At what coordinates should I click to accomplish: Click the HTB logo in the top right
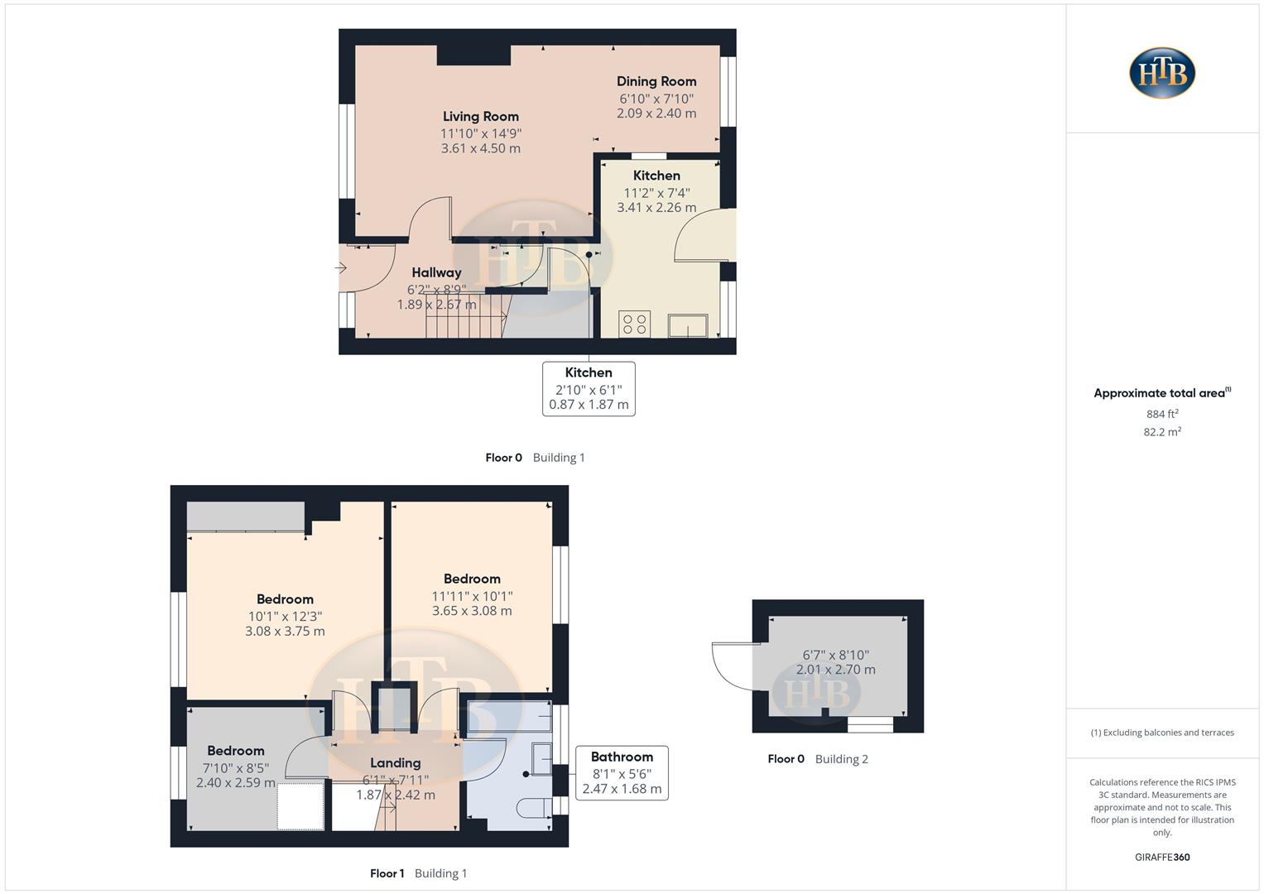click(x=1162, y=73)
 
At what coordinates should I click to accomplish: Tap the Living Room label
click(x=480, y=117)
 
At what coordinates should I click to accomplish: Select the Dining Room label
click(x=656, y=81)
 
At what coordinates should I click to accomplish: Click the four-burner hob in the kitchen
click(x=635, y=324)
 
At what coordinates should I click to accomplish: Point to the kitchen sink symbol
click(x=688, y=325)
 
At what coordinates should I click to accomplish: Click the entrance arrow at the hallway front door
click(x=340, y=267)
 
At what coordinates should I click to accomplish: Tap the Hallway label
click(x=436, y=272)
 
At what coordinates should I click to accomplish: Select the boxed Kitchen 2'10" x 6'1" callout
click(x=589, y=388)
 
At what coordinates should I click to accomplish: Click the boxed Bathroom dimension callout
click(x=622, y=772)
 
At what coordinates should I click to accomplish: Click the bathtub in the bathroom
click(x=509, y=716)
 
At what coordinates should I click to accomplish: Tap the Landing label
click(x=395, y=763)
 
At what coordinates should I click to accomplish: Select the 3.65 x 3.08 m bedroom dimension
click(x=472, y=611)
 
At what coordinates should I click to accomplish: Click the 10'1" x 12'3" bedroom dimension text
click(x=285, y=616)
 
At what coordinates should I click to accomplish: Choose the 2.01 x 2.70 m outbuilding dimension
click(x=835, y=670)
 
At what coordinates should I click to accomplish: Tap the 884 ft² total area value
click(x=1162, y=414)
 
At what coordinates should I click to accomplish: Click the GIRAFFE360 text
click(x=1162, y=857)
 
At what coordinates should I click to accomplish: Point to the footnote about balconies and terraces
click(x=1162, y=733)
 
